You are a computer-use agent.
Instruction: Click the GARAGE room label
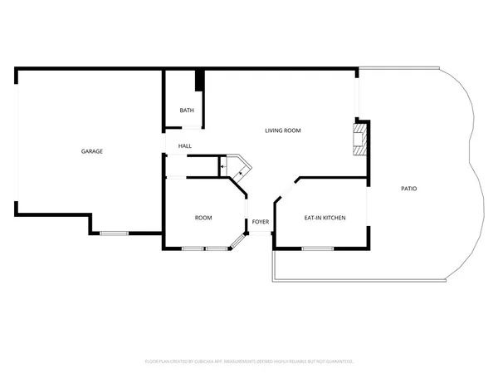point(91,151)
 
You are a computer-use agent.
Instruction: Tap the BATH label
point(187,110)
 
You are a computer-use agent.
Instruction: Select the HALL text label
point(184,146)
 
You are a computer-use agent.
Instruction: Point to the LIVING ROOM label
point(282,130)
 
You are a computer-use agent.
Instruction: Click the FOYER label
point(261,222)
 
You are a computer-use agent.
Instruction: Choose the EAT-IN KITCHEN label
point(325,218)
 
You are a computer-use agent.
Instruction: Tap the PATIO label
point(408,189)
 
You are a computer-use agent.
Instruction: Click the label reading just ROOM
point(203,218)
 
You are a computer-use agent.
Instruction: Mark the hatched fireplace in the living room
point(359,140)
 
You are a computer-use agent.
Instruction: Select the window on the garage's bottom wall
point(114,234)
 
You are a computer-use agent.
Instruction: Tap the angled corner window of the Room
point(238,242)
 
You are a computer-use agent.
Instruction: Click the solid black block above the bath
point(199,81)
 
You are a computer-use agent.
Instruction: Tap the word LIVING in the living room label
point(274,130)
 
